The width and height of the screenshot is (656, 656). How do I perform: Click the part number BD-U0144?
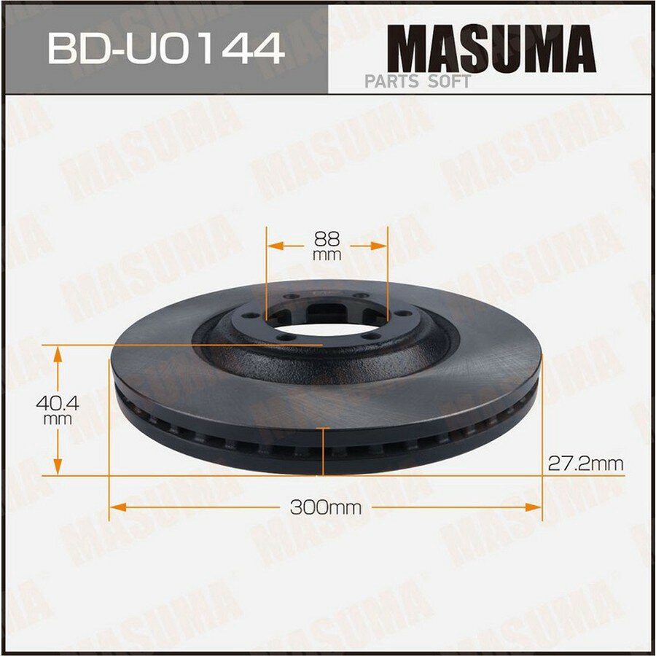pos(166,49)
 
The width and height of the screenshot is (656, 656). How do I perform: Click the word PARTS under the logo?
pos(391,81)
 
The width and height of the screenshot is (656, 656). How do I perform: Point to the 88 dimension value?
pos(327,239)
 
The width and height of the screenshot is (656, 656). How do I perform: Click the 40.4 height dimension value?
pos(58,403)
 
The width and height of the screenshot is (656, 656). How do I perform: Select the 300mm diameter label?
pos(326,508)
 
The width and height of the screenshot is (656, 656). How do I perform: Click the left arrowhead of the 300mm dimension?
pos(117,507)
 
